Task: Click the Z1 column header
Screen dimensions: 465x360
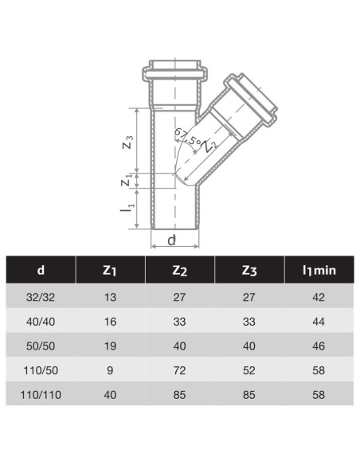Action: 110,271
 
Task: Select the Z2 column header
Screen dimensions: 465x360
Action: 179,271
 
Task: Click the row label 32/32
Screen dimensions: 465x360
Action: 41,297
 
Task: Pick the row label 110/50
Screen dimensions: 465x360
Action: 41,369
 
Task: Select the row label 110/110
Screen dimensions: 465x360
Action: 41,393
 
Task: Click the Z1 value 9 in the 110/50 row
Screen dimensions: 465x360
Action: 110,369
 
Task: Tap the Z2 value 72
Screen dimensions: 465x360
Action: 179,369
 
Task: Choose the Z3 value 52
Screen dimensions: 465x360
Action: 248,369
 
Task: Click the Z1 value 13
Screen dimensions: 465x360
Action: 110,297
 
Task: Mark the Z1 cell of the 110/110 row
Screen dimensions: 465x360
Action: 110,393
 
